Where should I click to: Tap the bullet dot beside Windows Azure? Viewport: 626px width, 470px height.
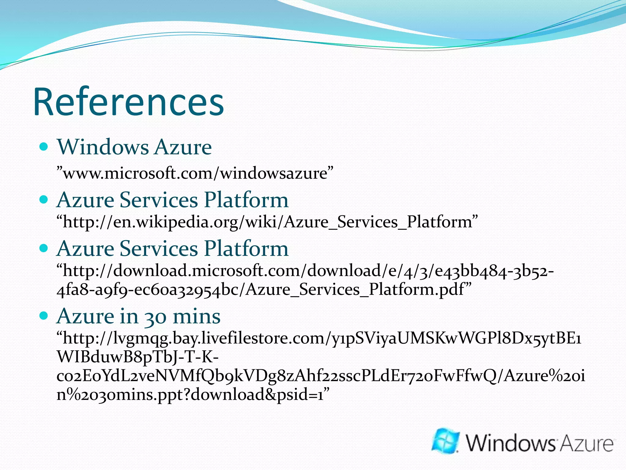44,147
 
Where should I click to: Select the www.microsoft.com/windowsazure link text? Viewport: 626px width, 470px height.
195,173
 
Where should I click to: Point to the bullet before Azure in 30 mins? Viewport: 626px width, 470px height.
44,315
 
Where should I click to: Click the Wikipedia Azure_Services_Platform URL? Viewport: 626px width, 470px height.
267,222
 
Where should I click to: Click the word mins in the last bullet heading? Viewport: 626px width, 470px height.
197,316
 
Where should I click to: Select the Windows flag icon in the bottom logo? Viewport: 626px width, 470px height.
446,441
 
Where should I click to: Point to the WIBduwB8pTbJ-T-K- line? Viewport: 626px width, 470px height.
138,357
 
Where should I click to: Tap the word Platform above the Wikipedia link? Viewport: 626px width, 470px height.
246,200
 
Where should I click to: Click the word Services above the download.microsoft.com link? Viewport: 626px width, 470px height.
159,248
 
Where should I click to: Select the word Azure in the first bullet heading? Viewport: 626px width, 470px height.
182,147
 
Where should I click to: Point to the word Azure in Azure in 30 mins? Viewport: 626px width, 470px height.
85,316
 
